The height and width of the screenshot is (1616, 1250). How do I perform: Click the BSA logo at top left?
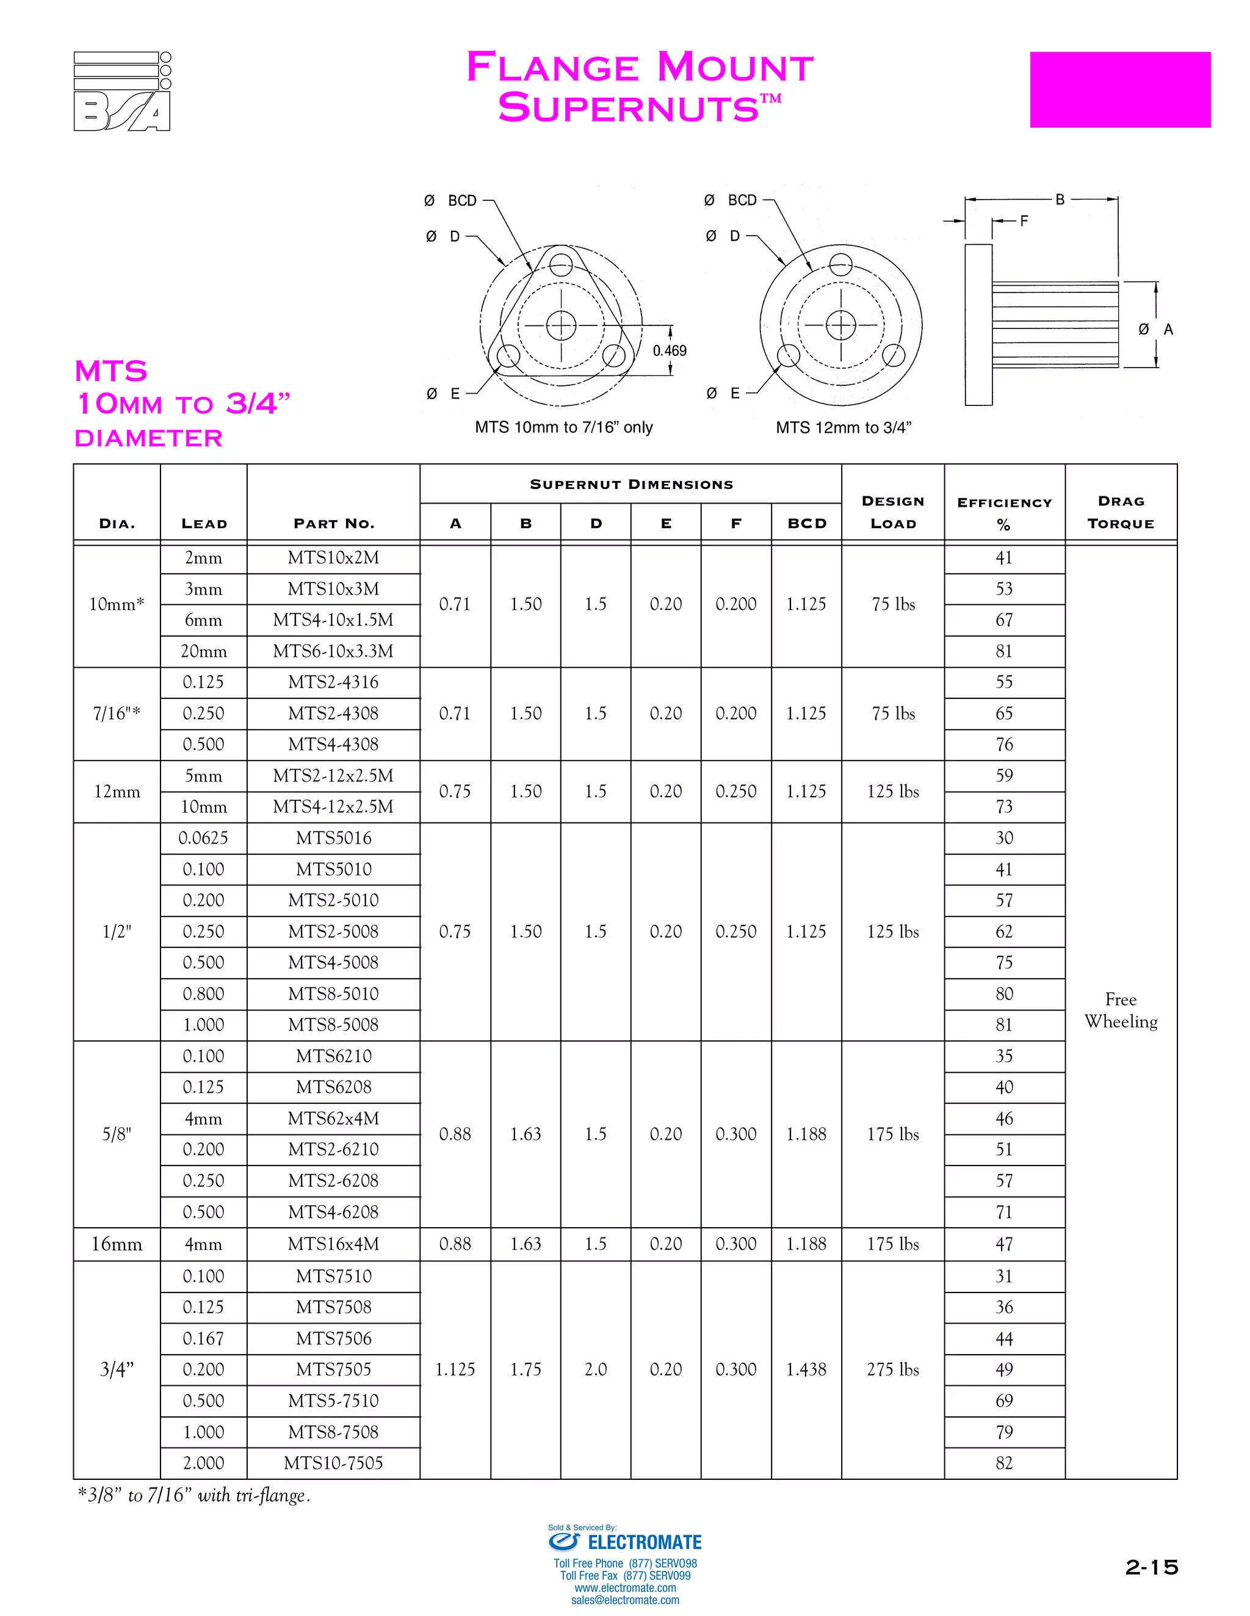point(122,92)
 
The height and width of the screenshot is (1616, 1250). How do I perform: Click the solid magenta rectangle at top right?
point(1119,90)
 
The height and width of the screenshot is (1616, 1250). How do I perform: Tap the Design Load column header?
point(893,512)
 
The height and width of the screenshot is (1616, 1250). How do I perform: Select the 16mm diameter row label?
point(116,1244)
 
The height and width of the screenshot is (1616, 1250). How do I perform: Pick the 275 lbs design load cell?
point(893,1369)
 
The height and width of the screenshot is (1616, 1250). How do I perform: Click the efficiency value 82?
point(1003,1463)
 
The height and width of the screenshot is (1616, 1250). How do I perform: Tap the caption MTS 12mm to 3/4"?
point(843,428)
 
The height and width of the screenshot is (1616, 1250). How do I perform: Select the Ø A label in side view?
point(1155,329)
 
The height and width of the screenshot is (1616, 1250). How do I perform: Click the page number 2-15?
point(1151,1567)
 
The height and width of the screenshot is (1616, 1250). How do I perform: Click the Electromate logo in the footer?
point(625,1543)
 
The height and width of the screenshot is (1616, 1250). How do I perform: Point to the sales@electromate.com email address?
point(625,1600)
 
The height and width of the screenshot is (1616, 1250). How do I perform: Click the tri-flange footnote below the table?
point(194,1495)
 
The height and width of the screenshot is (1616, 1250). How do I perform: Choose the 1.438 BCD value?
point(806,1369)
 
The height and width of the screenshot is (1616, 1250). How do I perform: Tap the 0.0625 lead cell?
point(203,838)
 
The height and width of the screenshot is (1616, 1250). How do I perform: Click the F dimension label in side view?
point(1024,220)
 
